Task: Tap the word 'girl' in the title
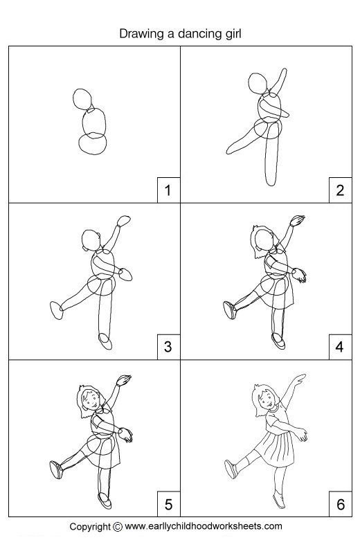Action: (x=233, y=35)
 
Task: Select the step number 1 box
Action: (x=168, y=190)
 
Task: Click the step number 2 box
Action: (x=340, y=190)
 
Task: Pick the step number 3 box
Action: (x=168, y=347)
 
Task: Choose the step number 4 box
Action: (x=340, y=347)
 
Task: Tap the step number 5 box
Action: (x=168, y=504)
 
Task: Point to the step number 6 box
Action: (x=340, y=504)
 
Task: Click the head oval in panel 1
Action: (x=73, y=99)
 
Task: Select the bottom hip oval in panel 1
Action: (x=79, y=144)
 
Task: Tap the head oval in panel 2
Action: (x=249, y=82)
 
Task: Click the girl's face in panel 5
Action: (x=91, y=401)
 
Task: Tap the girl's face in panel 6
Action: (x=267, y=399)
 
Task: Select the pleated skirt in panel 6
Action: (x=276, y=449)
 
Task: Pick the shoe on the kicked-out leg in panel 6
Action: (x=231, y=469)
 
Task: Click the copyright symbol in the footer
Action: (x=118, y=527)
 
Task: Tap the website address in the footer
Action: (x=204, y=527)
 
